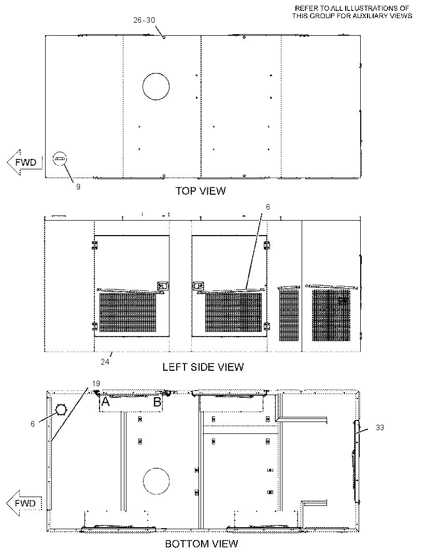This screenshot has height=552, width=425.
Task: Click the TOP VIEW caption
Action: pos(201,191)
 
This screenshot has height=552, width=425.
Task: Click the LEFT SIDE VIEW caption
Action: pos(203,367)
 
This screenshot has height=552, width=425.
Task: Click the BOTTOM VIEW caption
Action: pos(202,544)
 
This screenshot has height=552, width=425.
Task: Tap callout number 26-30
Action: pos(144,20)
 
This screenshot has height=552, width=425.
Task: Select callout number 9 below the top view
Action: pos(78,187)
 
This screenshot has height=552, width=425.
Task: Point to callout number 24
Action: pos(105,362)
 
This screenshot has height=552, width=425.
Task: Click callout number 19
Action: pos(96,383)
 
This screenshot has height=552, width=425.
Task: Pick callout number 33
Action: pos(379,428)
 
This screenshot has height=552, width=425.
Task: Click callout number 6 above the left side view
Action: pos(268,207)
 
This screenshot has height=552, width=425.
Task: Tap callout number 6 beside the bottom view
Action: pos(33,424)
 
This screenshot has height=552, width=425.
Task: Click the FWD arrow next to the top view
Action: pos(24,162)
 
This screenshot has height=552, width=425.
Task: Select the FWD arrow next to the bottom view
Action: pos(24,503)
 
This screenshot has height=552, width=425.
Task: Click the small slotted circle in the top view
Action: pos(60,159)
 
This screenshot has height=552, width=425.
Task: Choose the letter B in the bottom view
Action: pos(157,401)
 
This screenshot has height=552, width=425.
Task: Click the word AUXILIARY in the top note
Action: pos(366,16)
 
